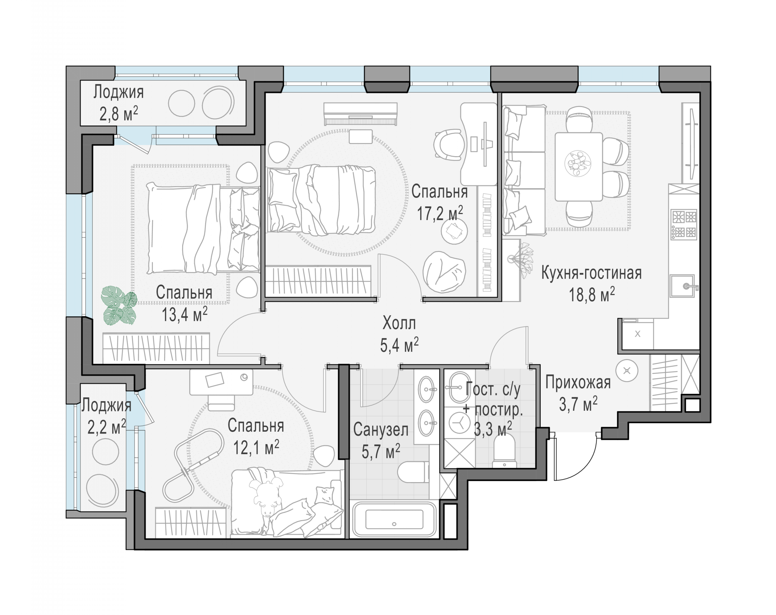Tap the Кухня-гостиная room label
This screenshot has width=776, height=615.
(591, 273)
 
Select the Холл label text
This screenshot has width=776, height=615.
(399, 323)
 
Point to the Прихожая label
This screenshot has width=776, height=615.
(578, 382)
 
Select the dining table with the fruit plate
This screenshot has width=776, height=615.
(579, 167)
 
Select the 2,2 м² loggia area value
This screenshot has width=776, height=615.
(107, 427)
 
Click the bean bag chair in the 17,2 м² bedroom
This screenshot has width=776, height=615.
(444, 272)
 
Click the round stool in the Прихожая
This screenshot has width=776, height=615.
(627, 371)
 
